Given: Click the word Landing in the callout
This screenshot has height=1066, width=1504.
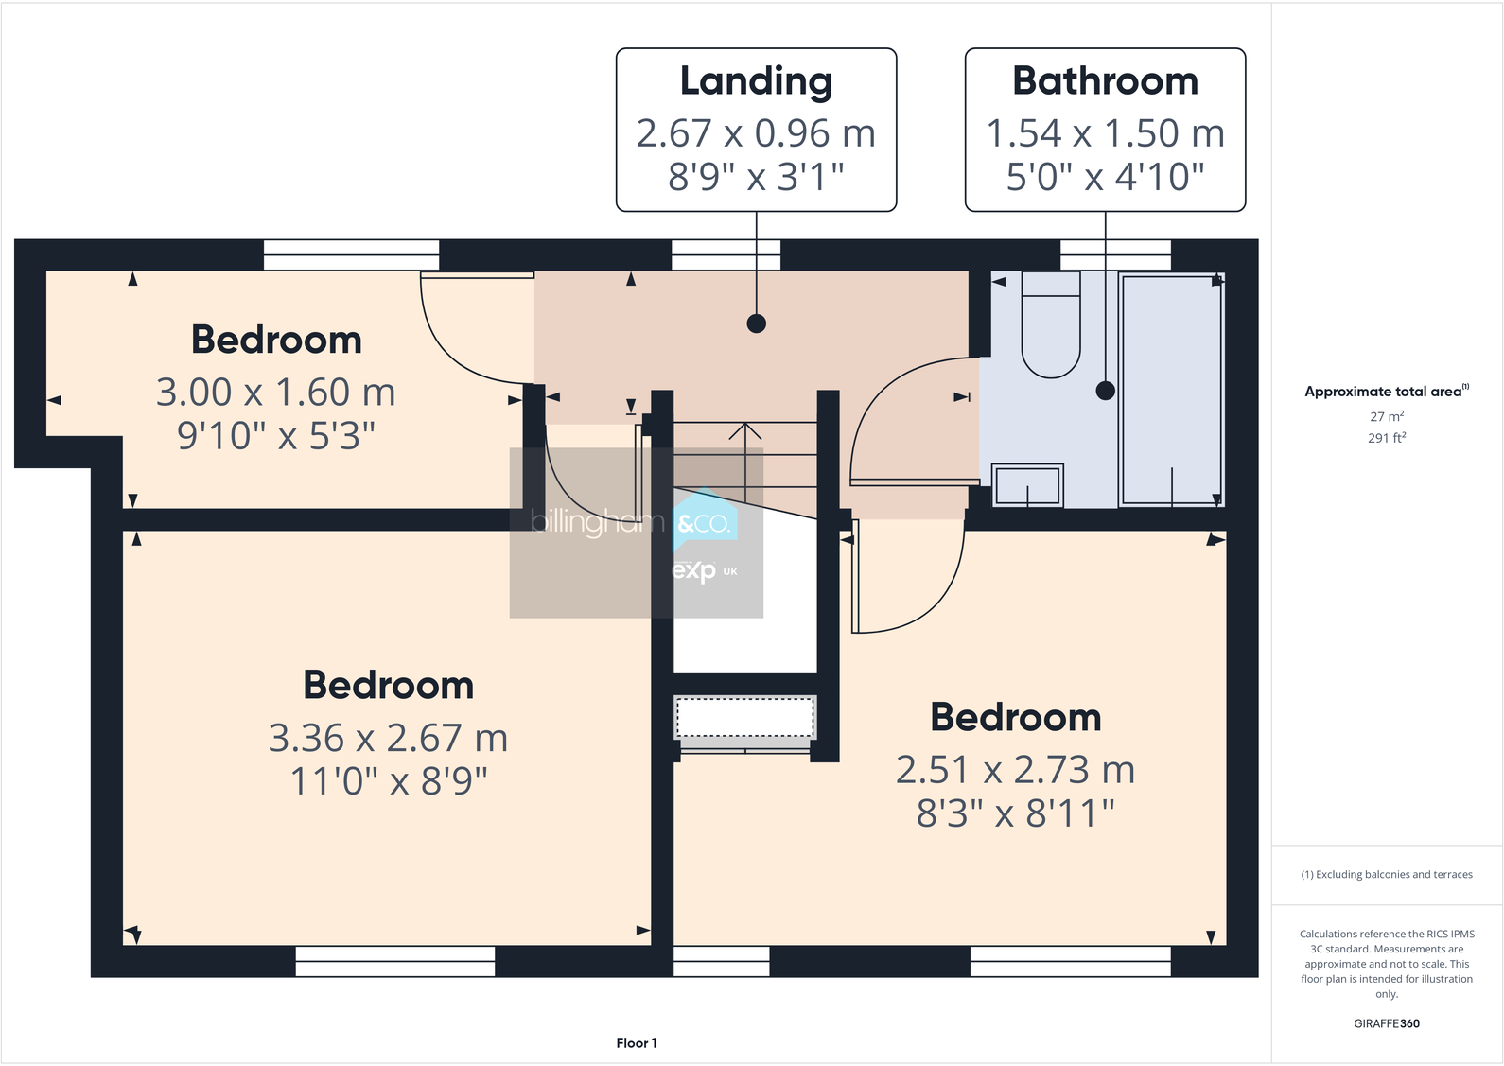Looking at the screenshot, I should pos(756,82).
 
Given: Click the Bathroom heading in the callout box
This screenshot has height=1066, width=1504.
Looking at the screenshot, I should pos(1105,81).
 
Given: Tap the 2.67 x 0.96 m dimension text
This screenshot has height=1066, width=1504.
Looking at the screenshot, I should pos(756,133).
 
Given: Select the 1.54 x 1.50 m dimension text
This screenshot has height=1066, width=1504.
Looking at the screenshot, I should pos(1105,133).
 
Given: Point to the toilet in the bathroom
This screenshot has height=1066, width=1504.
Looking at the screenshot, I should pos(1050,326).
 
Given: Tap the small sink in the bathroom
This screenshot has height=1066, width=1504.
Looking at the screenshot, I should pos(1027,485).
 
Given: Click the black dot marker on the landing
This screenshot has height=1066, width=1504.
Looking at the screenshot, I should pos(756,323).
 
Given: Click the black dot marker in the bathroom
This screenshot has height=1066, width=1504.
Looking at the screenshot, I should pos(1105,390).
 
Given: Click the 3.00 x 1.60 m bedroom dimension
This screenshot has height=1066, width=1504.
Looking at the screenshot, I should pos(275,392).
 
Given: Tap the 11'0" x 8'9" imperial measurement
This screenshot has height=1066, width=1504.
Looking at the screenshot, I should pos(388,782).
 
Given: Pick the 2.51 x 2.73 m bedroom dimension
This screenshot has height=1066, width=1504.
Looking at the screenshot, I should pos(1015,770).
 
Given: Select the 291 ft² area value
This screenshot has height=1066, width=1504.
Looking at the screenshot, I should pos(1386,438).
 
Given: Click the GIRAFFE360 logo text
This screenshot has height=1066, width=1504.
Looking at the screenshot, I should pos(1386,1023).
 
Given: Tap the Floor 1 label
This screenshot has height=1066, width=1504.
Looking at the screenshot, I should pos(636,1043).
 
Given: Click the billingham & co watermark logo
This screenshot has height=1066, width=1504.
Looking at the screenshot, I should pos(636,532).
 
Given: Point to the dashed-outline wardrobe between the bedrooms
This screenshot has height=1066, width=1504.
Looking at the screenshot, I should pos(744,717).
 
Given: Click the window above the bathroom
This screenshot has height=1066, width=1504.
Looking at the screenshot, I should pos(1115,254).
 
